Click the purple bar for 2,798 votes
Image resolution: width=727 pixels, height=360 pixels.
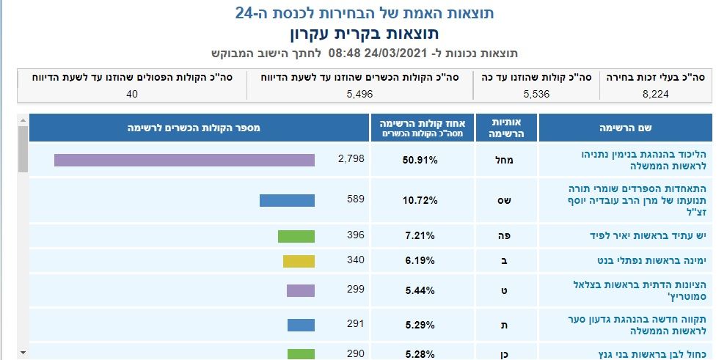point(184,160)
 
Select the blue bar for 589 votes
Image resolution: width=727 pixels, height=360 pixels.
point(287,200)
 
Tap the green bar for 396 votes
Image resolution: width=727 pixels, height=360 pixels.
point(296,236)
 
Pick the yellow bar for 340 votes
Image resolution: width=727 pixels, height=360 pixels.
point(299,260)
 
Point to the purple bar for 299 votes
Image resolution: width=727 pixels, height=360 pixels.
point(301,290)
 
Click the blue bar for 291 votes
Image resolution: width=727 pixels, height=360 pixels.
point(301,324)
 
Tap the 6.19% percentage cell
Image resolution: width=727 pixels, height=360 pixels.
point(423,260)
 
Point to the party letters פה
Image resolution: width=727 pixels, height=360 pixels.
point(506,236)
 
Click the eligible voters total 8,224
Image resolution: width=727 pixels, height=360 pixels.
point(657,94)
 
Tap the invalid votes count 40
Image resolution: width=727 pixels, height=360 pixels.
point(132,94)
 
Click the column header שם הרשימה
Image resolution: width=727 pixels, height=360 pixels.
point(625,128)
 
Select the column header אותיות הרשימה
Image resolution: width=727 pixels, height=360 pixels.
point(506,128)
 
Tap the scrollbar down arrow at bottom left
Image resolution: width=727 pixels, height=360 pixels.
point(23,353)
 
